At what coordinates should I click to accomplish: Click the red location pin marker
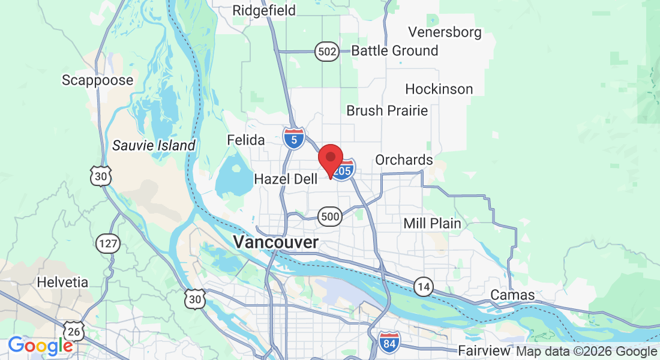[330, 158]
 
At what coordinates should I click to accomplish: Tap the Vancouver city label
[276, 242]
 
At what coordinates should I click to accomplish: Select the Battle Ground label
[395, 51]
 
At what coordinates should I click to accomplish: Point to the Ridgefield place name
[264, 10]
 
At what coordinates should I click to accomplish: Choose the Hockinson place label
[439, 89]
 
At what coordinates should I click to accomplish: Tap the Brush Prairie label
[387, 111]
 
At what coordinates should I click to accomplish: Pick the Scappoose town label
[98, 80]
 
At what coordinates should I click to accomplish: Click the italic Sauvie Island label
[154, 145]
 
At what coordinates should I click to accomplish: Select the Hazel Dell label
[286, 179]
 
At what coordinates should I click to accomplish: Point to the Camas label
[512, 295]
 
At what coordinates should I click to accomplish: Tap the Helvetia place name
[62, 282]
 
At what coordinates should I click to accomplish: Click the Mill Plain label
[432, 224]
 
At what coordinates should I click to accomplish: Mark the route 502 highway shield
[327, 52]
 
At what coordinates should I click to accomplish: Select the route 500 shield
[330, 217]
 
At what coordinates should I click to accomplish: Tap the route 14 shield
[424, 287]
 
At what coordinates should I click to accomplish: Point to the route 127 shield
[108, 244]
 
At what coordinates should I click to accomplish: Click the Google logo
[40, 346]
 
